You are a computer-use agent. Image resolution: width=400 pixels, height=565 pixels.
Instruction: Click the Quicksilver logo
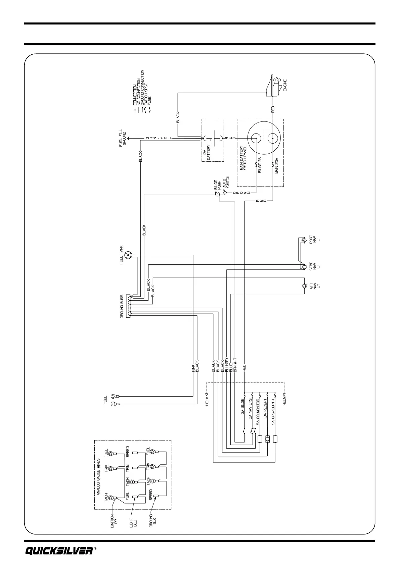pos(59,551)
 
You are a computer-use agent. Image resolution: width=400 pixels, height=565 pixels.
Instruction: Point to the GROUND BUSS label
pos(123,306)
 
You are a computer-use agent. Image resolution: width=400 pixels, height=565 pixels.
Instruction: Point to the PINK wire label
pos(193,366)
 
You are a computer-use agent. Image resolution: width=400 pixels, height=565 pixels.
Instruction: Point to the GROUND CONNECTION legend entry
pos(142,88)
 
